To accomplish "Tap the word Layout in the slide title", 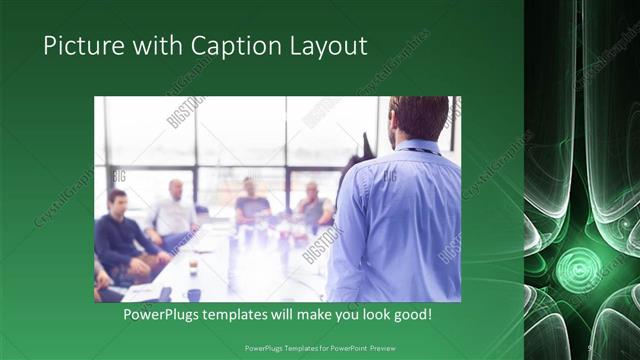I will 329,46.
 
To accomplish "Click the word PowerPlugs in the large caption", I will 166,314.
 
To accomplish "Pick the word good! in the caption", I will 410,314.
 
